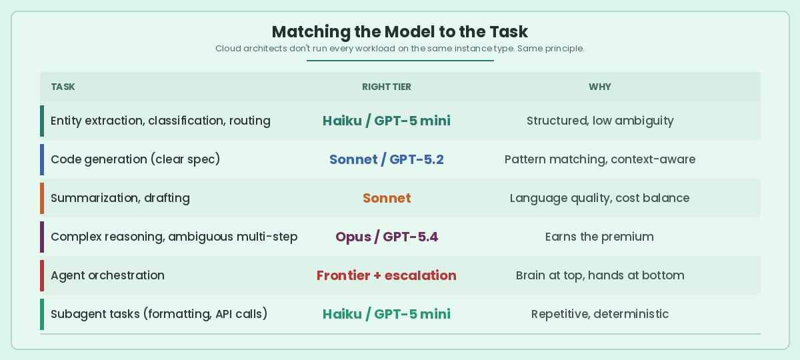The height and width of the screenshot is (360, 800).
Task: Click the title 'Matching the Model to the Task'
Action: (400, 32)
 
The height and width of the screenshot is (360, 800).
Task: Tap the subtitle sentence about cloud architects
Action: (400, 49)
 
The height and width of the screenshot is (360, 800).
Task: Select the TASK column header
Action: (63, 87)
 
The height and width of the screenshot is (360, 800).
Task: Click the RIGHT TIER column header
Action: (387, 87)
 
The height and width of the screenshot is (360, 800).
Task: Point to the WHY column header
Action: (600, 87)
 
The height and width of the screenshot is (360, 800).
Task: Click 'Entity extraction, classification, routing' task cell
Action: (161, 121)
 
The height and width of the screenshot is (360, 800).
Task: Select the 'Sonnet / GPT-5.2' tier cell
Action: (387, 159)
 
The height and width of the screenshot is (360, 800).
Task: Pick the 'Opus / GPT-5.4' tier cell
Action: (387, 237)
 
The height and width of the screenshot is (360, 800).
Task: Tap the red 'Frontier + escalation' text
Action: (387, 275)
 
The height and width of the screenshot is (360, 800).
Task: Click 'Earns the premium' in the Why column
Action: (599, 237)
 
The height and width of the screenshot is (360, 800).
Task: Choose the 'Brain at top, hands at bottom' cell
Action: (600, 275)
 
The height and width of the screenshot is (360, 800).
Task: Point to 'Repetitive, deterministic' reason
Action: (600, 314)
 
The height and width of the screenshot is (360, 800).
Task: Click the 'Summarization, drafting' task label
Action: (120, 198)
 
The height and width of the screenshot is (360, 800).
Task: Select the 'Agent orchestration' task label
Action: (107, 275)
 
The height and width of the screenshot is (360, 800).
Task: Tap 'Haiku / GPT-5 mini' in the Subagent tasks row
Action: (387, 314)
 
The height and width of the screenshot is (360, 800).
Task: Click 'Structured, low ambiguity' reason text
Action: (600, 121)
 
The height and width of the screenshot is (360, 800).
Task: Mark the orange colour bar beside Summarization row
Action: (42, 198)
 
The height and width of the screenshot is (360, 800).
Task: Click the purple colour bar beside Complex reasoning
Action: (42, 237)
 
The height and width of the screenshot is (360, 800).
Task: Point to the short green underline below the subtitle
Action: (400, 61)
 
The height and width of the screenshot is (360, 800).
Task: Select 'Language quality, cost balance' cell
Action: (600, 198)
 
